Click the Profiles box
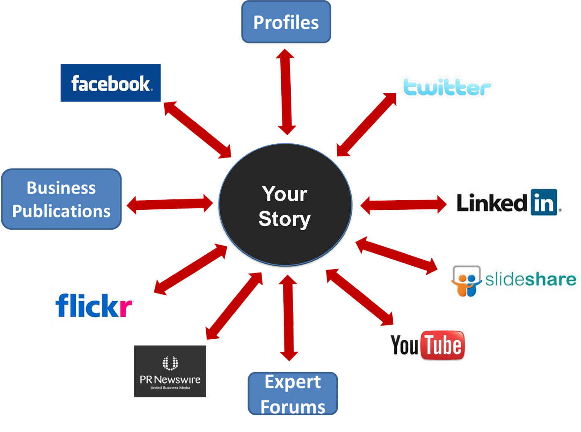tap(286, 22)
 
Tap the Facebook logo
tap(111, 83)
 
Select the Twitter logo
tap(447, 87)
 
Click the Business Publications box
tap(61, 199)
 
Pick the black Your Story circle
tap(285, 205)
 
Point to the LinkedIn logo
tap(509, 203)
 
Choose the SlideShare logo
tap(513, 280)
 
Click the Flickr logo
tap(92, 306)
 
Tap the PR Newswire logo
tap(170, 372)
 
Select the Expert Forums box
tap(293, 394)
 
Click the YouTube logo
tap(428, 345)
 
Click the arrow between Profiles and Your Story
tap(286, 92)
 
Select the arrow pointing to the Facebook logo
tap(197, 130)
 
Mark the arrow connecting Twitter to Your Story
tap(366, 124)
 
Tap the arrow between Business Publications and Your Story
tap(170, 204)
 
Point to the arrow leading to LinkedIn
tap(403, 204)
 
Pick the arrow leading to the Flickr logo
tap(191, 269)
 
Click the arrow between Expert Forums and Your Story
tap(288, 317)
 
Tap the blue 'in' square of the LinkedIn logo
tap(543, 203)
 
